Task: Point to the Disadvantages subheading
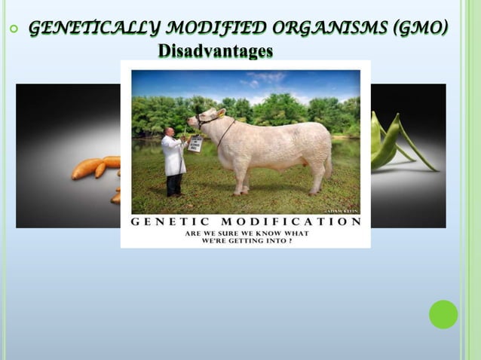pos(216,51)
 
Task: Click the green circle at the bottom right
pos(443,314)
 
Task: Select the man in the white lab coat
pos(174,160)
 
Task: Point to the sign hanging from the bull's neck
pos(195,145)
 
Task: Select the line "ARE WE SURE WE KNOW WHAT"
pos(246,233)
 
